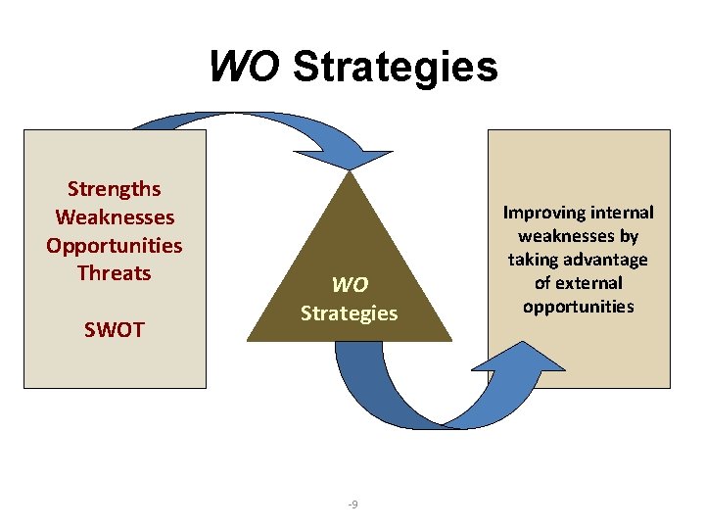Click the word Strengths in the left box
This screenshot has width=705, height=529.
(114, 188)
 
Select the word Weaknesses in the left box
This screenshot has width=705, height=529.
(115, 216)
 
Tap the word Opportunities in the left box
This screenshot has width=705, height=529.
(114, 245)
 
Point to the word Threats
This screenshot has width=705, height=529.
(114, 272)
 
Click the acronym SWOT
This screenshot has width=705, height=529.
(114, 329)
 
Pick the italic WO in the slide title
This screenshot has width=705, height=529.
(245, 68)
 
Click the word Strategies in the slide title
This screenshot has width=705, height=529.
(396, 68)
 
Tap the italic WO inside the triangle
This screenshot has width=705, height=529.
(350, 285)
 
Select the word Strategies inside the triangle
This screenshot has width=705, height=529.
(350, 313)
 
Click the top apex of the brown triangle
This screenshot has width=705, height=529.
(351, 174)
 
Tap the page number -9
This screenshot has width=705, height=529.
(352, 505)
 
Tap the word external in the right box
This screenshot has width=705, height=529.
(591, 283)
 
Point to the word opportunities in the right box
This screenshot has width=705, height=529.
(579, 307)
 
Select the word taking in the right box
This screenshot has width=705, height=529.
(534, 260)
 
